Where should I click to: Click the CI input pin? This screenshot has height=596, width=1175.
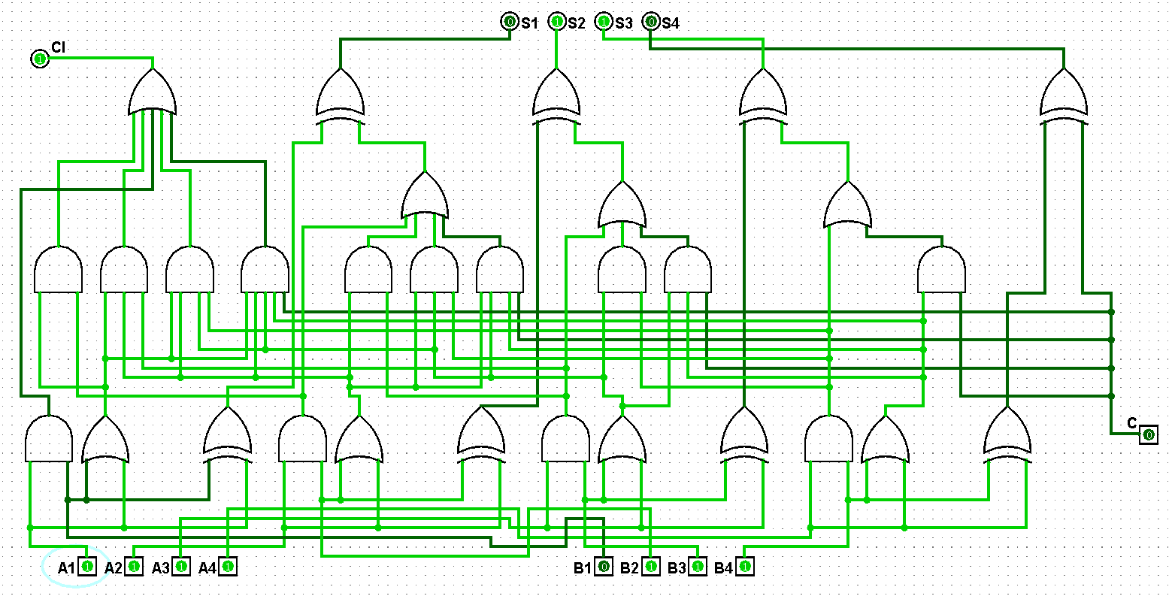coord(40,59)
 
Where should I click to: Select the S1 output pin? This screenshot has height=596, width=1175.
coord(510,22)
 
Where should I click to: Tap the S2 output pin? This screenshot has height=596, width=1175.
coord(556,22)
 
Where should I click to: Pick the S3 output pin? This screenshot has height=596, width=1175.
coord(604,22)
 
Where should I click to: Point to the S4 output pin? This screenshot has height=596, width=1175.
coord(650,22)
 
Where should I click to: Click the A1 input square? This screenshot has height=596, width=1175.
coord(87,567)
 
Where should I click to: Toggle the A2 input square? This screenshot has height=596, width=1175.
coord(135,567)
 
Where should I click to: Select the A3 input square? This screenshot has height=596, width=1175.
coord(181,567)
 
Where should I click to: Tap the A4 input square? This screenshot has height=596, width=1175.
coord(229,567)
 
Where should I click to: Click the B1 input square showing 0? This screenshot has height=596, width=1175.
coord(604,567)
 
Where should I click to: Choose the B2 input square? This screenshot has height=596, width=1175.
coord(651,567)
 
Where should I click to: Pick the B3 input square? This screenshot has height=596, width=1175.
coord(698,567)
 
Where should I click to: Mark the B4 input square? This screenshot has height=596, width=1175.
coord(745,567)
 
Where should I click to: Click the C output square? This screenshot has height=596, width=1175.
coord(1148,434)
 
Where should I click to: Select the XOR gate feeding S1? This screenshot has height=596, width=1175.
coord(341,97)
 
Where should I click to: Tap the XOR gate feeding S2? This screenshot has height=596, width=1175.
coord(556,97)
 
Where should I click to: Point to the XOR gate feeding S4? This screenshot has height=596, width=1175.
coord(1064,97)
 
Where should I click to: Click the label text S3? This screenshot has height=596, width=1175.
coord(624,23)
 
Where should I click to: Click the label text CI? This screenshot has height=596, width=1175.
coord(58,47)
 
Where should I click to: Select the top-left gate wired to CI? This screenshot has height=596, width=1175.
coord(152,92)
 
